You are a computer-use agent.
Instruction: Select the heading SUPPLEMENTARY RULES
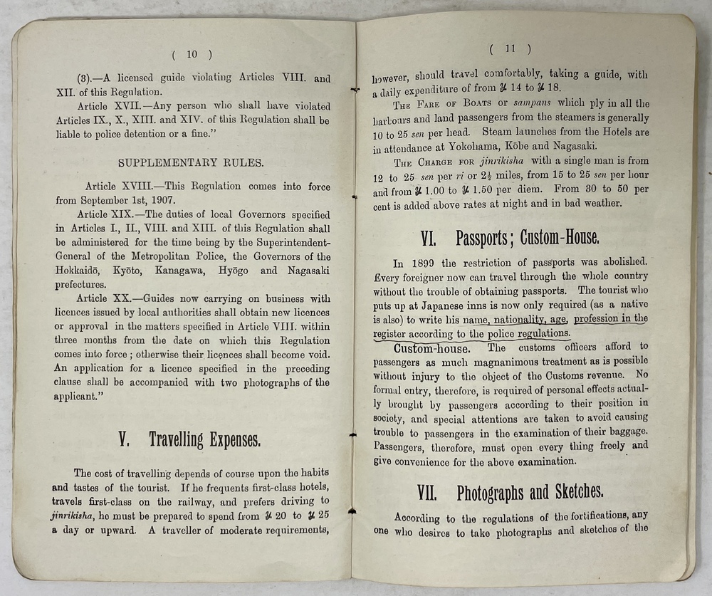(x=191, y=162)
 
